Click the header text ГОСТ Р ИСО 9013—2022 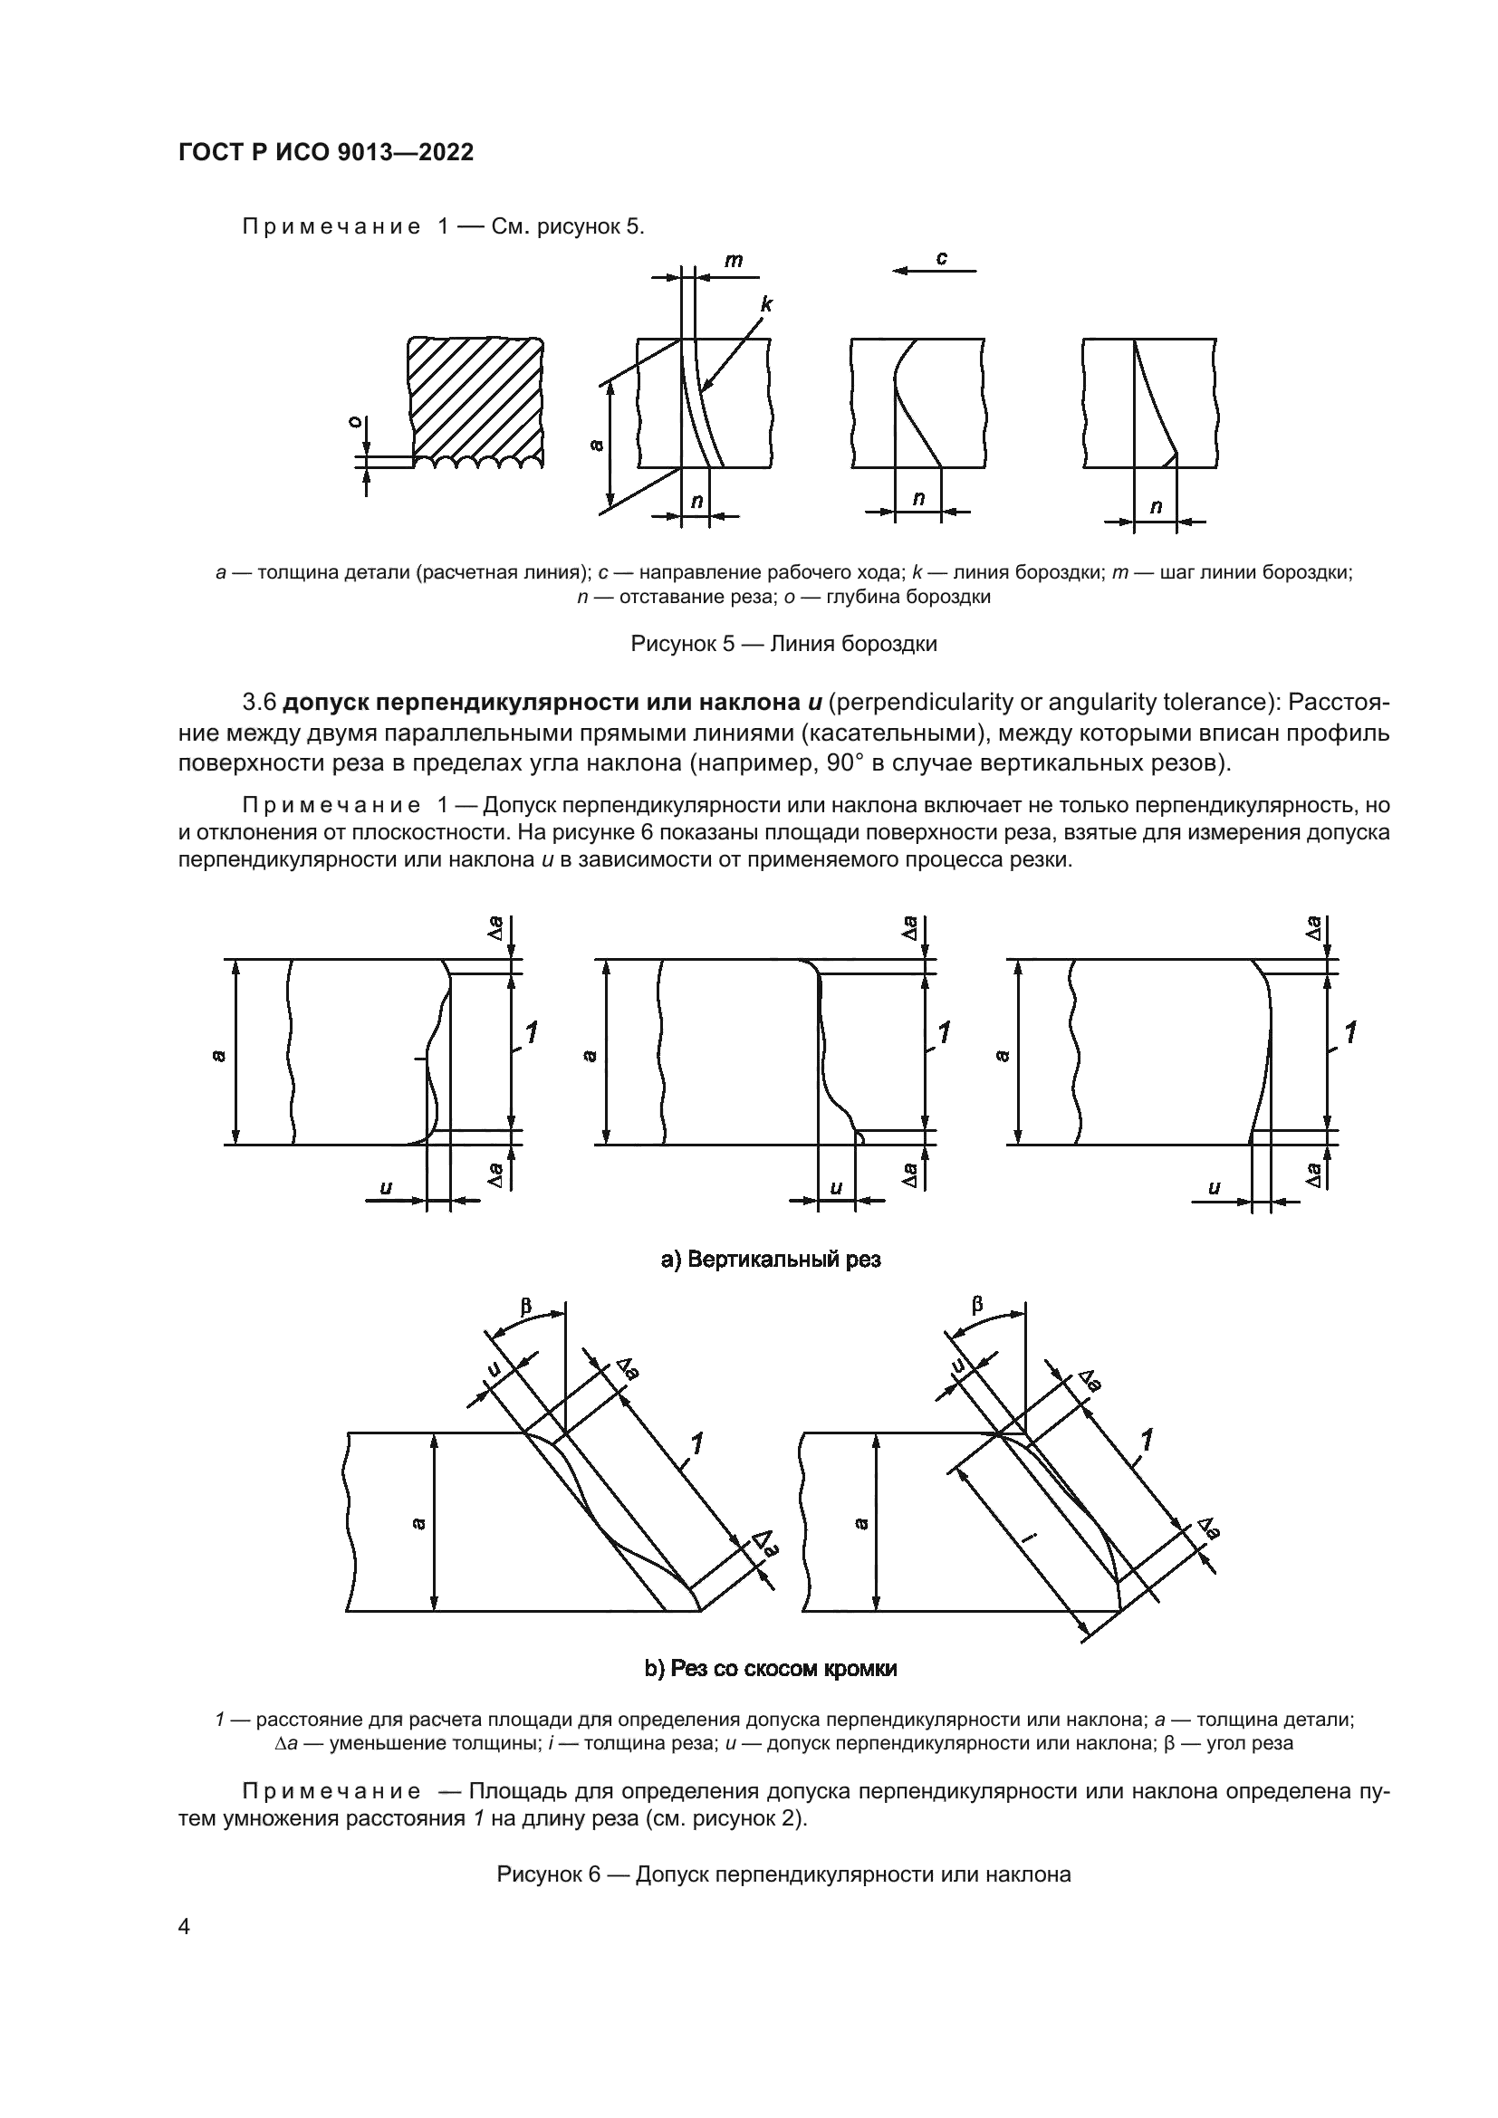[x=326, y=153]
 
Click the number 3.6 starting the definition [x=259, y=703]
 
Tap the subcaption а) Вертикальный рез [x=771, y=1260]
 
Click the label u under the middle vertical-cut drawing [x=836, y=1188]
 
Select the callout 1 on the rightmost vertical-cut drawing [x=1350, y=1032]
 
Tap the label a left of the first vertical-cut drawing [x=216, y=1055]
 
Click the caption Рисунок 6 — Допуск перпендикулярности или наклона [x=783, y=1874]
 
